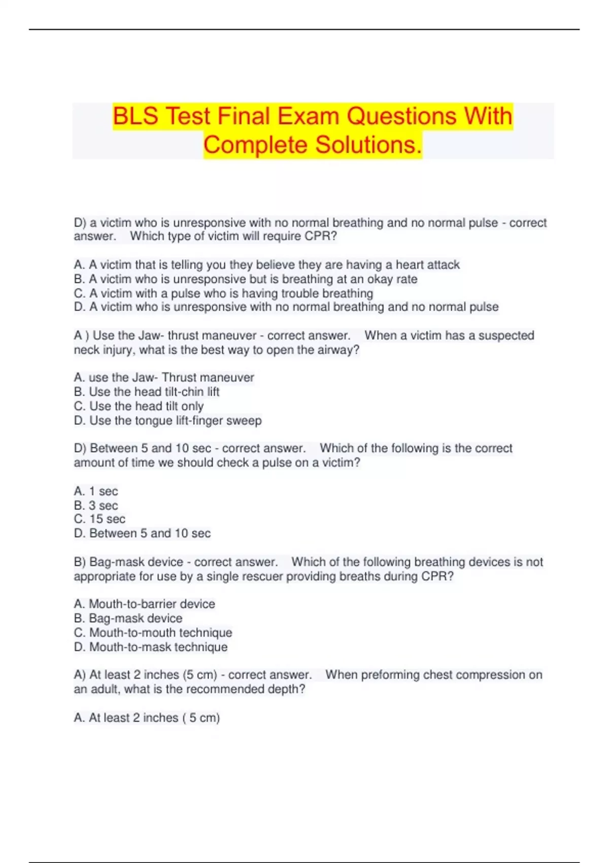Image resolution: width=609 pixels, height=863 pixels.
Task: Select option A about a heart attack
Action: (266, 265)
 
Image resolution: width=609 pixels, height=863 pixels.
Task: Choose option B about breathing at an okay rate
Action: (246, 279)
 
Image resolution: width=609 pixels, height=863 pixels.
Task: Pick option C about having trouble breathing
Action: (223, 293)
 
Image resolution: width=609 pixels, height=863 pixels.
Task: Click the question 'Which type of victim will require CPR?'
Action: (233, 237)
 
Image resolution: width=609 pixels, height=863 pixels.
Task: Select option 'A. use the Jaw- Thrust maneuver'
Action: (163, 378)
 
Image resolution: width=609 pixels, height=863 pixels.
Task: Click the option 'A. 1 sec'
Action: (95, 491)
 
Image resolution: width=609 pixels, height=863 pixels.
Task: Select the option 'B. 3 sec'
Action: (95, 506)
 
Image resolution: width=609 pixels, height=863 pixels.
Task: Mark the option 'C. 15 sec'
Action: (99, 519)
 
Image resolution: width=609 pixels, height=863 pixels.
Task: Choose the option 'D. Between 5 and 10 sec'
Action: (142, 534)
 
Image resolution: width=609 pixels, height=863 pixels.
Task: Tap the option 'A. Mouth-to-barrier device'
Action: (144, 604)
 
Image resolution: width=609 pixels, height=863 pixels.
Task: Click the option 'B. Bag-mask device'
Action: (128, 618)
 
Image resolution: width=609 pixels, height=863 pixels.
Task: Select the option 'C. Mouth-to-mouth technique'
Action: (153, 633)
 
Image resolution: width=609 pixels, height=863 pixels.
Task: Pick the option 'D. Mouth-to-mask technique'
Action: (151, 647)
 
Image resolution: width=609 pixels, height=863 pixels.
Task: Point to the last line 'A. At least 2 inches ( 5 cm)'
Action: (147, 718)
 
